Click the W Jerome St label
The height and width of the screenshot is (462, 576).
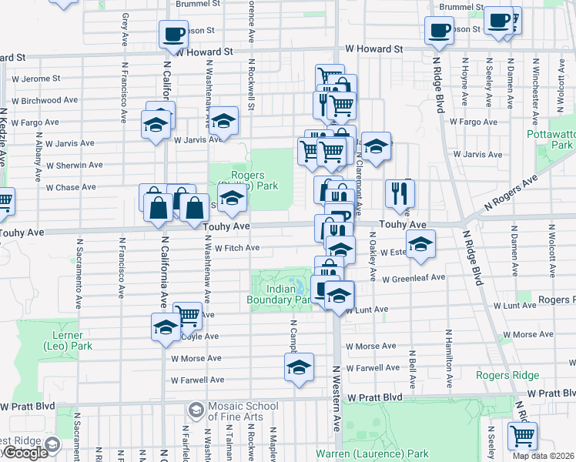[x=35, y=79]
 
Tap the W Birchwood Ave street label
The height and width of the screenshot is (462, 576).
[x=44, y=100]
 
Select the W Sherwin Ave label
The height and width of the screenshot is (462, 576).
[x=74, y=165]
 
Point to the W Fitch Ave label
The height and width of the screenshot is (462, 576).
[x=236, y=248]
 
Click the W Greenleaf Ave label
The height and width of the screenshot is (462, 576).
[x=414, y=278]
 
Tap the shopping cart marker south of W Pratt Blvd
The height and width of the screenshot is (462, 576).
[x=522, y=435]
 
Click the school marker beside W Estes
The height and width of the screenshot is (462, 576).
[x=420, y=245]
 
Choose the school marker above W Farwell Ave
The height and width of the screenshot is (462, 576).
[x=300, y=367]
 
